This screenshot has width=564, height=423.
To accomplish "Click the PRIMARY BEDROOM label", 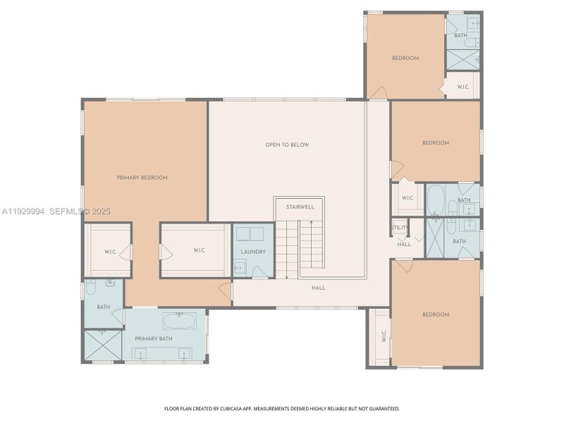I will coord(142,178).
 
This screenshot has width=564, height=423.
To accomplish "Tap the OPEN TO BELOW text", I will coord(287,145).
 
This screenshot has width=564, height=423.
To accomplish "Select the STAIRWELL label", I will coord(300,207).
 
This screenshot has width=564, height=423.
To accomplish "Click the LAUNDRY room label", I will coord(252,251).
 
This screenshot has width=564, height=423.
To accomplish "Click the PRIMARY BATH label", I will coord(154,339).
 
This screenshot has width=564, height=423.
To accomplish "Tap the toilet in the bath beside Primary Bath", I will coord(91,288).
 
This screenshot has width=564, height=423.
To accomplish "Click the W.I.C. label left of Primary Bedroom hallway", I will coord(110,252).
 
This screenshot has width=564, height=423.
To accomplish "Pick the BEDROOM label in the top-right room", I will coord(405,58).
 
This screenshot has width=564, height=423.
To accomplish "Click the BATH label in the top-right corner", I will coord(460,35).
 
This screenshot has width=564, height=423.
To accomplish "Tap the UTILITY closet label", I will coord(400,228).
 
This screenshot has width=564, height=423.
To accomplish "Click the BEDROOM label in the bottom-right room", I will coord(436,314).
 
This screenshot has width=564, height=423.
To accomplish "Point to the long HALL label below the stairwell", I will coord(319,288).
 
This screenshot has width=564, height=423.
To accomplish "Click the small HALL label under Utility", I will coord(404,244).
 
